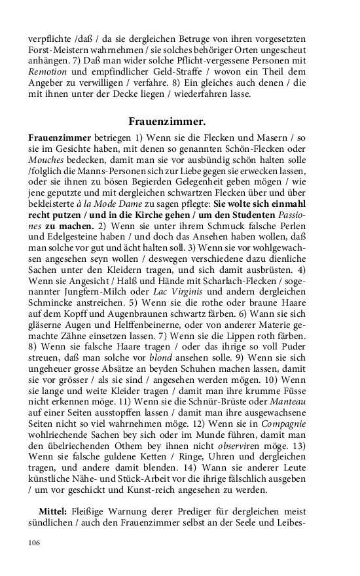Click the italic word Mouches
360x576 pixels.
(47, 161)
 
